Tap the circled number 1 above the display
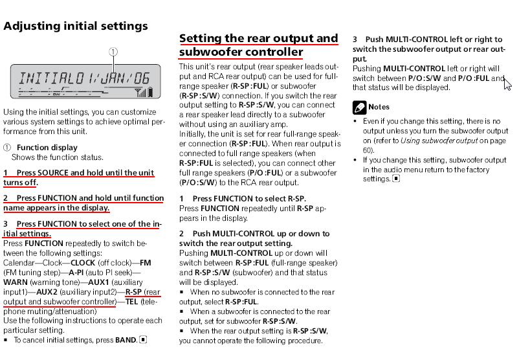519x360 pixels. click(x=113, y=52)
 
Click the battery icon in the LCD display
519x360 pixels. click(x=151, y=93)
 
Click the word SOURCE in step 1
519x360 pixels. click(x=53, y=173)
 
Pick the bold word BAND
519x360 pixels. click(x=126, y=339)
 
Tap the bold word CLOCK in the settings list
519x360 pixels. click(x=83, y=263)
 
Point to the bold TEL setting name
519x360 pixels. click(x=131, y=302)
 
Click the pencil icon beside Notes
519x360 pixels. click(x=359, y=107)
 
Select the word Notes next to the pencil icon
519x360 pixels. click(x=379, y=107)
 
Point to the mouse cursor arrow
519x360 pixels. click(x=507, y=83)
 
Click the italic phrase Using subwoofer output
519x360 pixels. click(x=440, y=141)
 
